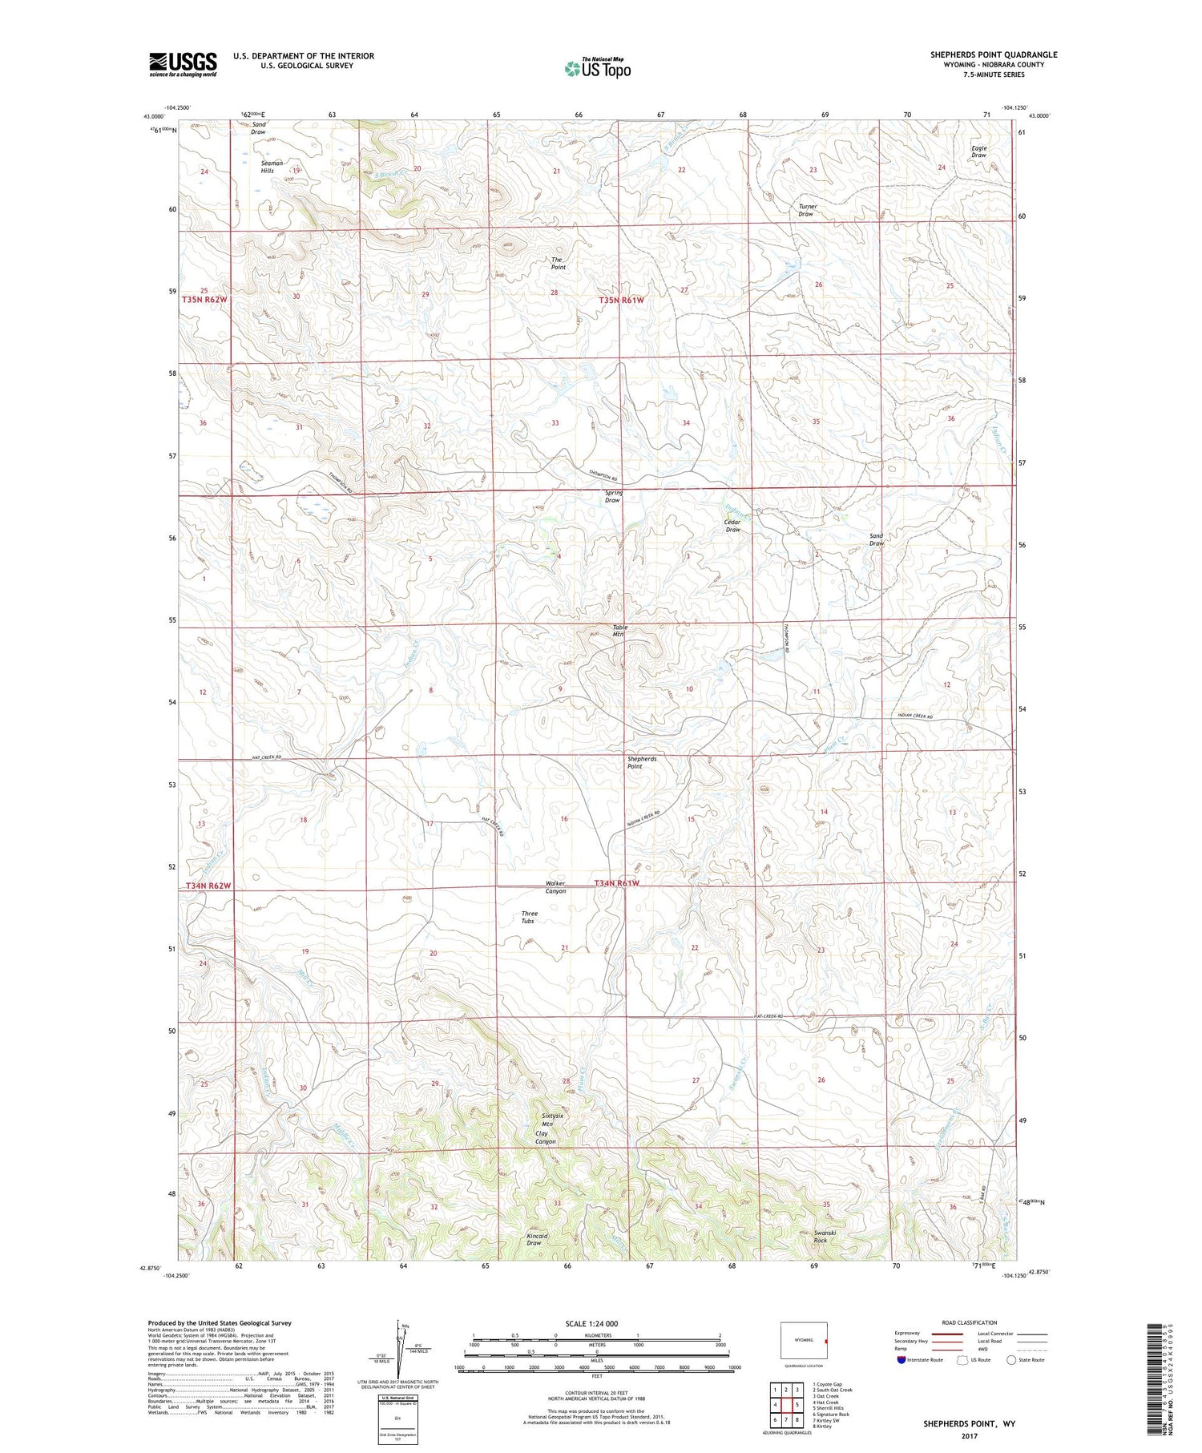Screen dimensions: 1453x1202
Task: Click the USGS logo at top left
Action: (x=183, y=64)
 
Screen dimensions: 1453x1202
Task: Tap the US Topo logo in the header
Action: (x=598, y=68)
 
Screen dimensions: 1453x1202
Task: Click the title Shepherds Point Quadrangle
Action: (x=994, y=54)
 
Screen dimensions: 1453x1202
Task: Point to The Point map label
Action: (x=558, y=264)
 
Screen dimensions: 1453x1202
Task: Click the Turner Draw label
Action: (x=806, y=211)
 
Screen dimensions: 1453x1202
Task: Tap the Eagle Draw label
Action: (x=978, y=151)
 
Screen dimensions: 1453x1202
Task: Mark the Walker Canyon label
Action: (x=556, y=887)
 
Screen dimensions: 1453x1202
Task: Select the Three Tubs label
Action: (x=530, y=917)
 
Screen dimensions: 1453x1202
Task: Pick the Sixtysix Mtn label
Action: (x=553, y=1120)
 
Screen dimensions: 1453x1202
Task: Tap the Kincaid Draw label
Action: (x=537, y=1239)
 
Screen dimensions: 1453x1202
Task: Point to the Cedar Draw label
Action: (x=732, y=526)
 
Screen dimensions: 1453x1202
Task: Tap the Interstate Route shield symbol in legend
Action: (x=902, y=1360)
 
